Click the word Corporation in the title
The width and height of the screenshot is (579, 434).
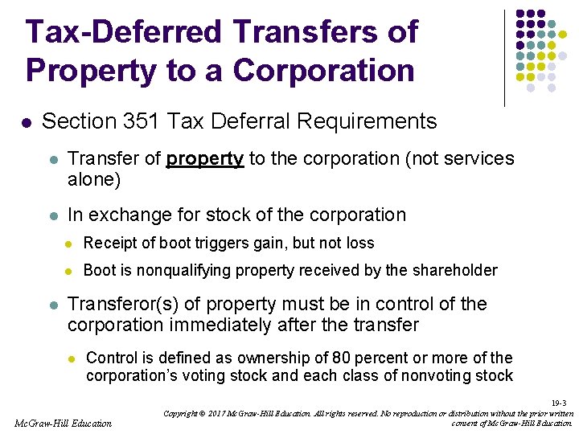click(x=324, y=70)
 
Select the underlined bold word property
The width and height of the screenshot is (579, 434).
click(x=204, y=159)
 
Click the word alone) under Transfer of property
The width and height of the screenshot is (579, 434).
click(x=94, y=179)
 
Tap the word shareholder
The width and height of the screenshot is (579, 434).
click(x=455, y=271)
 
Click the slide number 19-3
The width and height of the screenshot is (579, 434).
click(x=561, y=403)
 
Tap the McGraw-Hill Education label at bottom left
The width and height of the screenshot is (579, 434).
click(x=64, y=423)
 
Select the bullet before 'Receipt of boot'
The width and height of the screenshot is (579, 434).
click(x=69, y=244)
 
